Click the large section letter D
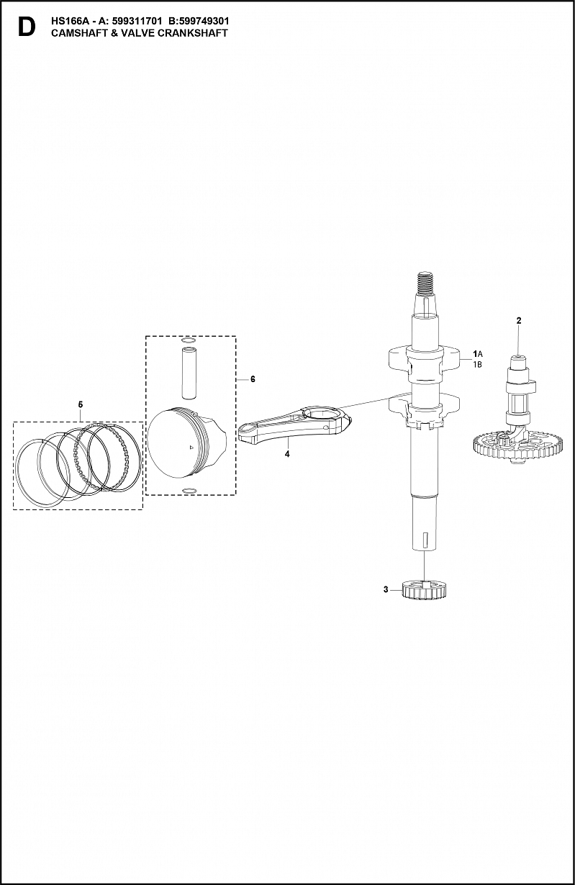(27, 27)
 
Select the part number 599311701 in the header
(137, 22)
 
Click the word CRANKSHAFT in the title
(192, 33)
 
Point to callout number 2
(519, 320)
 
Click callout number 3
(386, 590)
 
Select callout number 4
(287, 454)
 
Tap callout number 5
(81, 404)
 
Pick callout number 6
(253, 379)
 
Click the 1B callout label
(477, 365)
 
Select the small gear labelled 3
(424, 589)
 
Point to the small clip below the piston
(189, 491)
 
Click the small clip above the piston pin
(189, 340)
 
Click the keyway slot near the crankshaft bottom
(425, 540)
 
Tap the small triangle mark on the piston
(191, 448)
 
